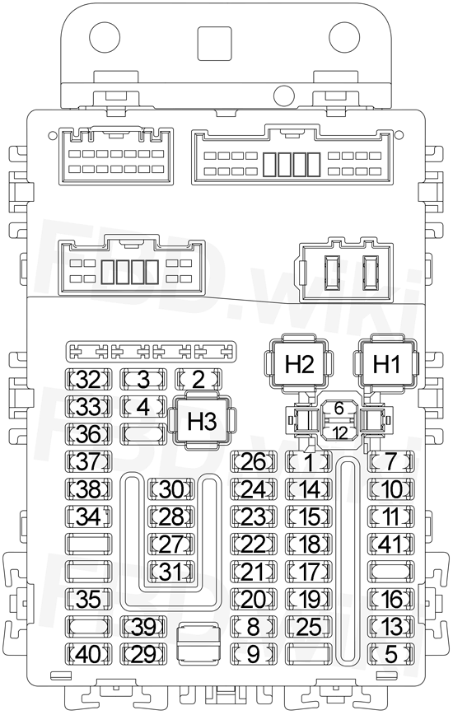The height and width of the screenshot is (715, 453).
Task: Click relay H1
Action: coord(386,364)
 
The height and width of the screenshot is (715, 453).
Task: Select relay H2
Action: coord(299,364)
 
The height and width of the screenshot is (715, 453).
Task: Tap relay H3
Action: coord(202,421)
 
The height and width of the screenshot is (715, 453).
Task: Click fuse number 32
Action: coord(89,379)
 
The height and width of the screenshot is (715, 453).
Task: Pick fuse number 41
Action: coord(391,544)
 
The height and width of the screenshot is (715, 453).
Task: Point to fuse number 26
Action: coord(254,461)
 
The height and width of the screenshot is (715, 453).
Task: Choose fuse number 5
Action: coord(391,653)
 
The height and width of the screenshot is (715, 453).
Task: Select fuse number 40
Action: coord(89,653)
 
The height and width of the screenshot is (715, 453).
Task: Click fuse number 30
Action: coord(171,488)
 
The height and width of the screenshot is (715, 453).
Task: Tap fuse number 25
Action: coord(309,626)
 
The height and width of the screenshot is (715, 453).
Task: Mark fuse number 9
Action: coord(254,653)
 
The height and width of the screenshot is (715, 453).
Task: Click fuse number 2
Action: coord(198,379)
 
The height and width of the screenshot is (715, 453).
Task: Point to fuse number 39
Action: coord(143,626)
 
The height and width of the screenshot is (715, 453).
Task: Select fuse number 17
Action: coord(309,571)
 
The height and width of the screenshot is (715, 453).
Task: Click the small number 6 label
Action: coord(339,409)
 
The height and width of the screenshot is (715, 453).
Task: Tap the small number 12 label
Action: coord(339,432)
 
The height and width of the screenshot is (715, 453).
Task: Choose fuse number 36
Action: coord(89,433)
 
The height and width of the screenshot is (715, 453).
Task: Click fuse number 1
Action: coord(309,461)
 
